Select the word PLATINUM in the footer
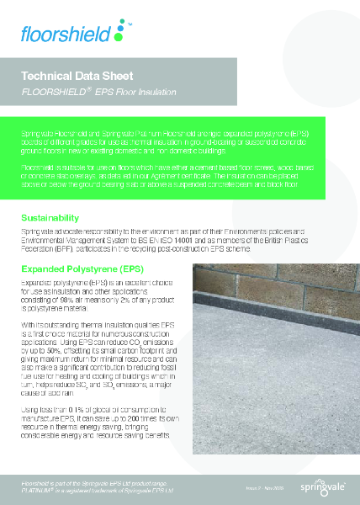click(x=34, y=488)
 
